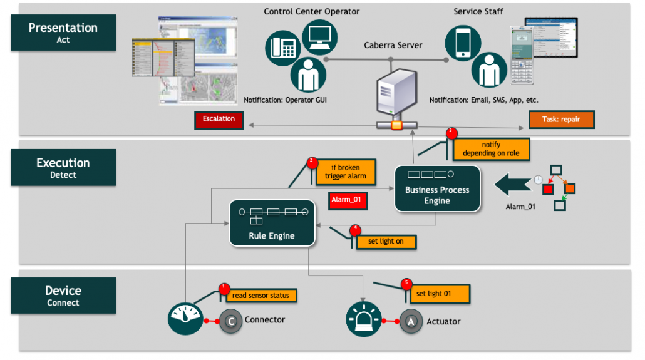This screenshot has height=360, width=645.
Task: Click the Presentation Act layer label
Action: [63, 33]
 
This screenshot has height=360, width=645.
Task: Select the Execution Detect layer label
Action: [63, 168]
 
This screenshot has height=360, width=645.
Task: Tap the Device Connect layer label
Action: [63, 296]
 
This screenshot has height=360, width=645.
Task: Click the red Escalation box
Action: [219, 119]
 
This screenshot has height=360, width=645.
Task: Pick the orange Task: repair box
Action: [560, 119]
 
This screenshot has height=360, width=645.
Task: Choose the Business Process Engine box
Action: [437, 188]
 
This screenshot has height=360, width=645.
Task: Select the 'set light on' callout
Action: [386, 242]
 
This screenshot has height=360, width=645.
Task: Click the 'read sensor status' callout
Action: [261, 295]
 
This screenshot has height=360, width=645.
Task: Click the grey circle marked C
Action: [230, 321]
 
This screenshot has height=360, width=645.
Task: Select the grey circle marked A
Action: [411, 321]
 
